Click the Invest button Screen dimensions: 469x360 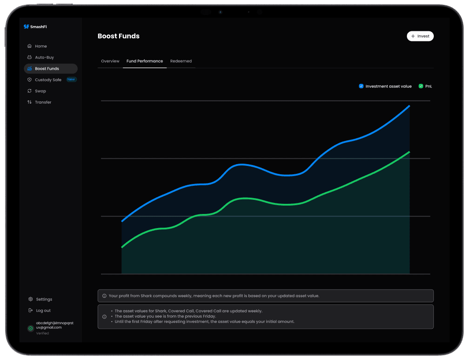[x=420, y=36]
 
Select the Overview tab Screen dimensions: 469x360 [x=110, y=61]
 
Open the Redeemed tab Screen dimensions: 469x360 [x=181, y=61]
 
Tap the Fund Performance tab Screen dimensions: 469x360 [x=145, y=61]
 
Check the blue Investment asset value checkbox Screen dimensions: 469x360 [x=361, y=86]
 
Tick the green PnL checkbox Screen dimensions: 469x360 [x=421, y=86]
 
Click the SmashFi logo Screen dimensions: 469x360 [x=35, y=26]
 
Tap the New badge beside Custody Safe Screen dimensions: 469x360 [x=71, y=79]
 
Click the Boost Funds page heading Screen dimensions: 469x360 [x=119, y=36]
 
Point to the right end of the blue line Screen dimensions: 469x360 [x=409, y=106]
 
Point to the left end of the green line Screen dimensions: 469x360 [x=122, y=247]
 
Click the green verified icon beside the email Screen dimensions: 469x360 [x=30, y=328]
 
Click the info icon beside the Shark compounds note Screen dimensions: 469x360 [x=104, y=296]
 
